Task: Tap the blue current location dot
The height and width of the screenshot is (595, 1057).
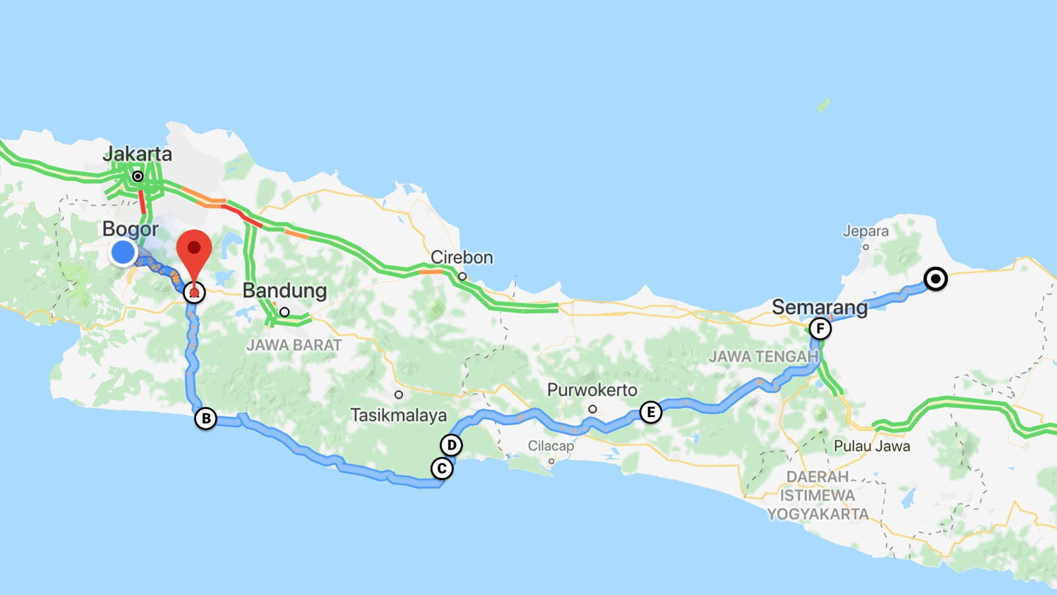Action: (x=123, y=252)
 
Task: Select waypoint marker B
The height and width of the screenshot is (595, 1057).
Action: (x=206, y=418)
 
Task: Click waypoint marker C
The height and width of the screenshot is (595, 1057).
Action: (x=442, y=469)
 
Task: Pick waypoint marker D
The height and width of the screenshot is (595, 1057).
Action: (x=451, y=445)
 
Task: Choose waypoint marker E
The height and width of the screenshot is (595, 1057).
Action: (x=651, y=413)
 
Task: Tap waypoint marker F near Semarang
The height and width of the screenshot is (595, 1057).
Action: (x=820, y=329)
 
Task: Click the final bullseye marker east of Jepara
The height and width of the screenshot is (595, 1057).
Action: (x=935, y=279)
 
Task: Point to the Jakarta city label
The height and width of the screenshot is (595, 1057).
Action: (x=137, y=154)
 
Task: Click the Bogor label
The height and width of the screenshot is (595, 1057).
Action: (x=130, y=229)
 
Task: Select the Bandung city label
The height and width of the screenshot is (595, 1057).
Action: (x=285, y=290)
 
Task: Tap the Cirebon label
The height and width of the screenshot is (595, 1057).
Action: (x=462, y=257)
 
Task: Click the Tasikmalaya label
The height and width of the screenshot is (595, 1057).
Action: (x=398, y=415)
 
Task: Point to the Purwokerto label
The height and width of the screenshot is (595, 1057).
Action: (x=592, y=390)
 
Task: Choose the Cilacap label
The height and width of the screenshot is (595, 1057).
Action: (x=551, y=446)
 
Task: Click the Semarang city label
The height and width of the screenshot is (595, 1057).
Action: (x=820, y=307)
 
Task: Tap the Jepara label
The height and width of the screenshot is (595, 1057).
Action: (x=865, y=231)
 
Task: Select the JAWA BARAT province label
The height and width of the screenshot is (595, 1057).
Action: (x=294, y=345)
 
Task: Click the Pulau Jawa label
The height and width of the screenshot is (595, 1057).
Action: (x=872, y=446)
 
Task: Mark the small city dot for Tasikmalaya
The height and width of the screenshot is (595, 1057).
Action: (x=398, y=395)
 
